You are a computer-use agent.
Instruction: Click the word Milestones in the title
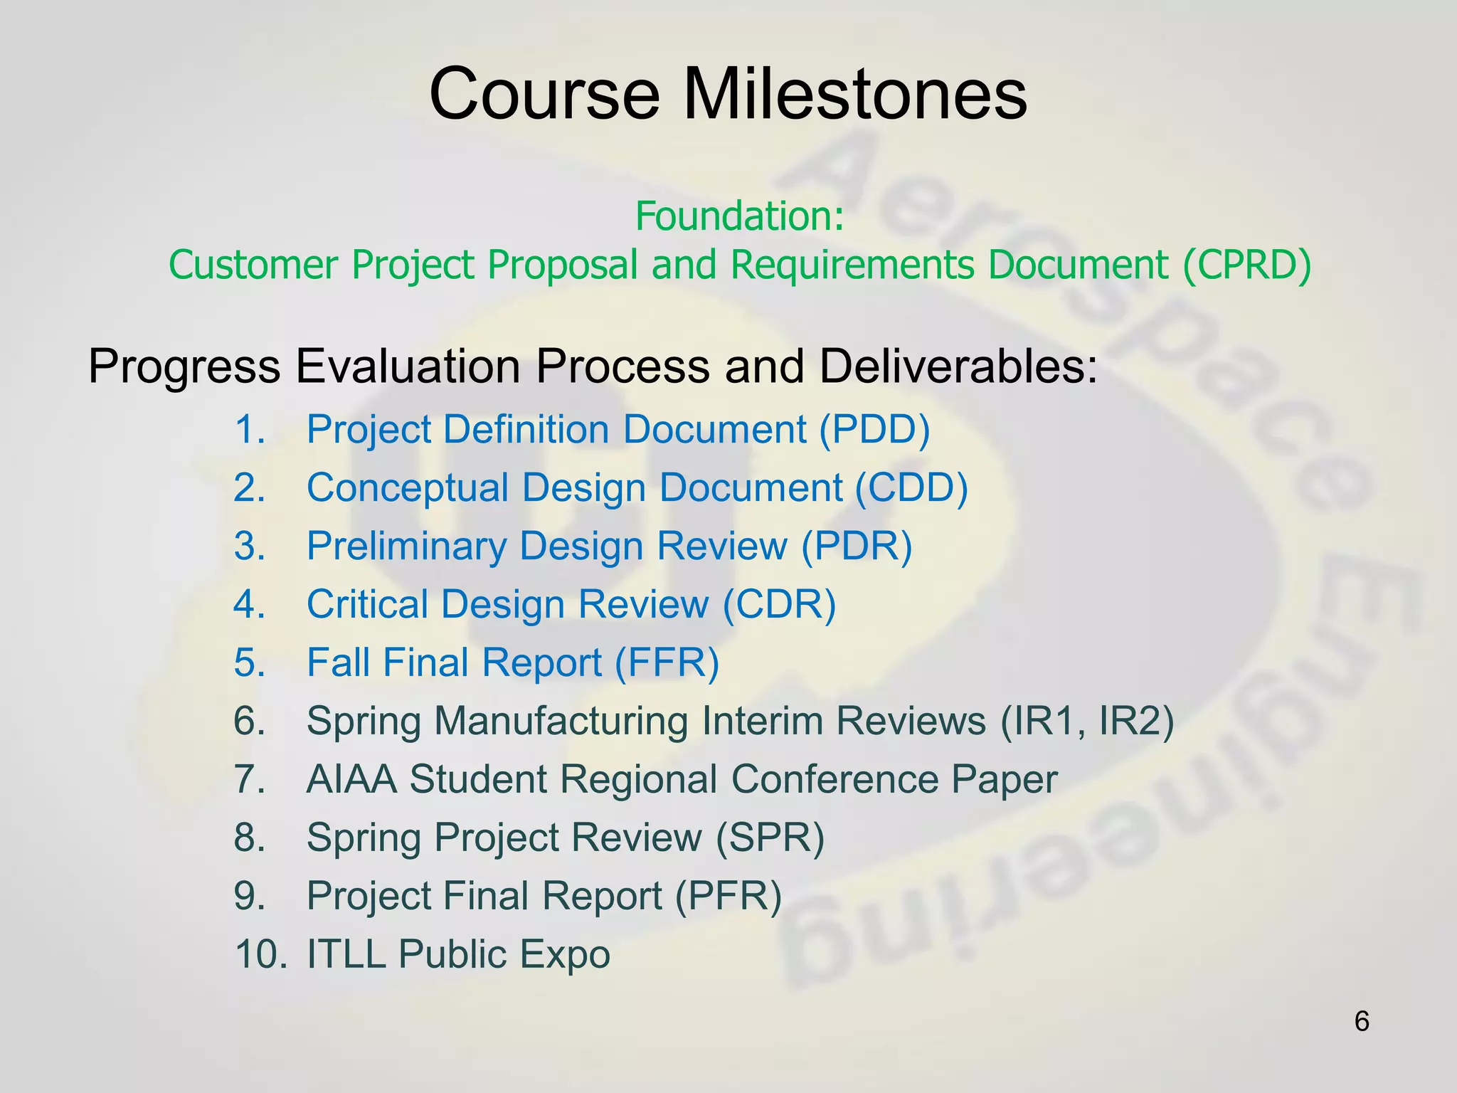point(854,94)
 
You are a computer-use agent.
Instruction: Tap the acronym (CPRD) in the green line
point(1246,265)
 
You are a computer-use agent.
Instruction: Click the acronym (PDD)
point(874,430)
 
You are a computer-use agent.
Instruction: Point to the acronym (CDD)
point(911,488)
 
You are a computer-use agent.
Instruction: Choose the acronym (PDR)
point(857,546)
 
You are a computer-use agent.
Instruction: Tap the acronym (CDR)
point(780,605)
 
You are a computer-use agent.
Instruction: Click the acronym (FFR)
point(667,663)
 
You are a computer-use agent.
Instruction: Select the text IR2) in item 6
point(1136,721)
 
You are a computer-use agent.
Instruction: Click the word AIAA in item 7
point(351,779)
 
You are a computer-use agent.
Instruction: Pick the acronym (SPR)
point(770,838)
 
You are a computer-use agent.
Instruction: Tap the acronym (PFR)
point(728,896)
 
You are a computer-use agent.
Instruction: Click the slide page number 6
point(1361,1022)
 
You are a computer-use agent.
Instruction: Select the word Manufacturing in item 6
point(561,721)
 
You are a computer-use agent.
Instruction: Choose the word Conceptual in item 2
point(408,488)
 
